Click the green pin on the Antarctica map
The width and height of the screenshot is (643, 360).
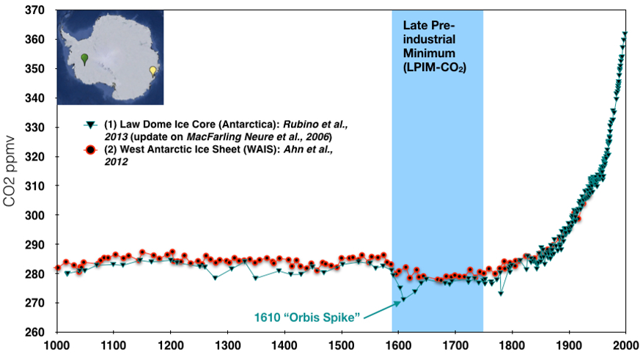(85, 59)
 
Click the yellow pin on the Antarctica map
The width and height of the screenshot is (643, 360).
(153, 71)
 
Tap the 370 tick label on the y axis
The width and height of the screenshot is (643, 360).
(35, 10)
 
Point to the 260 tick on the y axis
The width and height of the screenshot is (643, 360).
(35, 332)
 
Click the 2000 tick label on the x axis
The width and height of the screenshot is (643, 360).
(625, 345)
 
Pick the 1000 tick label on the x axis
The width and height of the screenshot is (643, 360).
(56, 345)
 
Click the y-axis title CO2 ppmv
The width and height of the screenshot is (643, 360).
(11, 172)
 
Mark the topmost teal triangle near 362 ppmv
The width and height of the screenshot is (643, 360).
(625, 34)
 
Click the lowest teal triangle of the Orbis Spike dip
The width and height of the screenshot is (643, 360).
(402, 298)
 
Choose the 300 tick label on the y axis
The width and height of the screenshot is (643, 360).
(35, 216)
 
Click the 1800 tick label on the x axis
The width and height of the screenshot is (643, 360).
(512, 345)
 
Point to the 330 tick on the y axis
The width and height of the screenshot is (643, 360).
(35, 128)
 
